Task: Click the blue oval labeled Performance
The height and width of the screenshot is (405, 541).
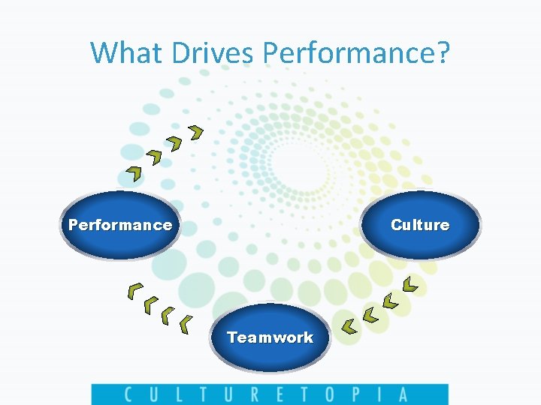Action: pyautogui.click(x=120, y=225)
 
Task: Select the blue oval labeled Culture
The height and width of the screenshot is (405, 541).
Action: pyautogui.click(x=420, y=225)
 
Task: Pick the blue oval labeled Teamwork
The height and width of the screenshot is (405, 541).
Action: pyautogui.click(x=270, y=337)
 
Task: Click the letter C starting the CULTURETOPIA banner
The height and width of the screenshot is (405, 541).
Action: pyautogui.click(x=128, y=394)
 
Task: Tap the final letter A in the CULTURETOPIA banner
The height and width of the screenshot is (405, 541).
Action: pyautogui.click(x=403, y=394)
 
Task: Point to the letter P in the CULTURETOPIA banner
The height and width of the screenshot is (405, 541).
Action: pyautogui.click(x=354, y=394)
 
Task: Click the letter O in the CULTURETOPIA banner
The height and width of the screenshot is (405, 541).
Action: pyautogui.click(x=327, y=394)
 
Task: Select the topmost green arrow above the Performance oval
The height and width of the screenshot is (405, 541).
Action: pyautogui.click(x=196, y=133)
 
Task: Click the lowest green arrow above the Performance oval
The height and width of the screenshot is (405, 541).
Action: pyautogui.click(x=134, y=174)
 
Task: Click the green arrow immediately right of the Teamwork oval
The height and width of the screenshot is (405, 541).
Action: pyautogui.click(x=349, y=325)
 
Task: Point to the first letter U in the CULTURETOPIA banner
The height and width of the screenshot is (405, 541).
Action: pyautogui.click(x=153, y=394)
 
